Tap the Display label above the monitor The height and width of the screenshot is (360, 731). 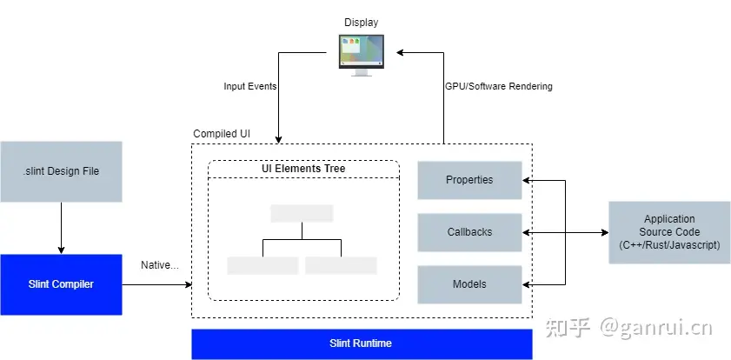tap(361, 22)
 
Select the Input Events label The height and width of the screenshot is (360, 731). tap(251, 86)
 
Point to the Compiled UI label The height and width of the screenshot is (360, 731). tap(221, 134)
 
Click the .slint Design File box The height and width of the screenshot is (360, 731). tap(61, 171)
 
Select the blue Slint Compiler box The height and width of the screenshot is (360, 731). tap(61, 284)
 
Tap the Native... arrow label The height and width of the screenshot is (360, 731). tap(159, 263)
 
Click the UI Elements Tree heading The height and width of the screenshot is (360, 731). tap(303, 168)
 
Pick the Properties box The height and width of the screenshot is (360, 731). tap(469, 180)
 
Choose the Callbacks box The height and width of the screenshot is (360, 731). tap(469, 232)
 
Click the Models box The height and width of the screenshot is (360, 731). tap(469, 284)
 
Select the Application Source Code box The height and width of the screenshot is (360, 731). tap(669, 232)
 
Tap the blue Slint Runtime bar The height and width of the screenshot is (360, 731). tap(361, 343)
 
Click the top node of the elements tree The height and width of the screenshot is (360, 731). tap(302, 213)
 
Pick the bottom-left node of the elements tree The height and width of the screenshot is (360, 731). tap(262, 265)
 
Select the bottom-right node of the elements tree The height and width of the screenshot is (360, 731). tap(341, 265)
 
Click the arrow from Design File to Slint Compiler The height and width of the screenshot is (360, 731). tap(61, 228)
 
